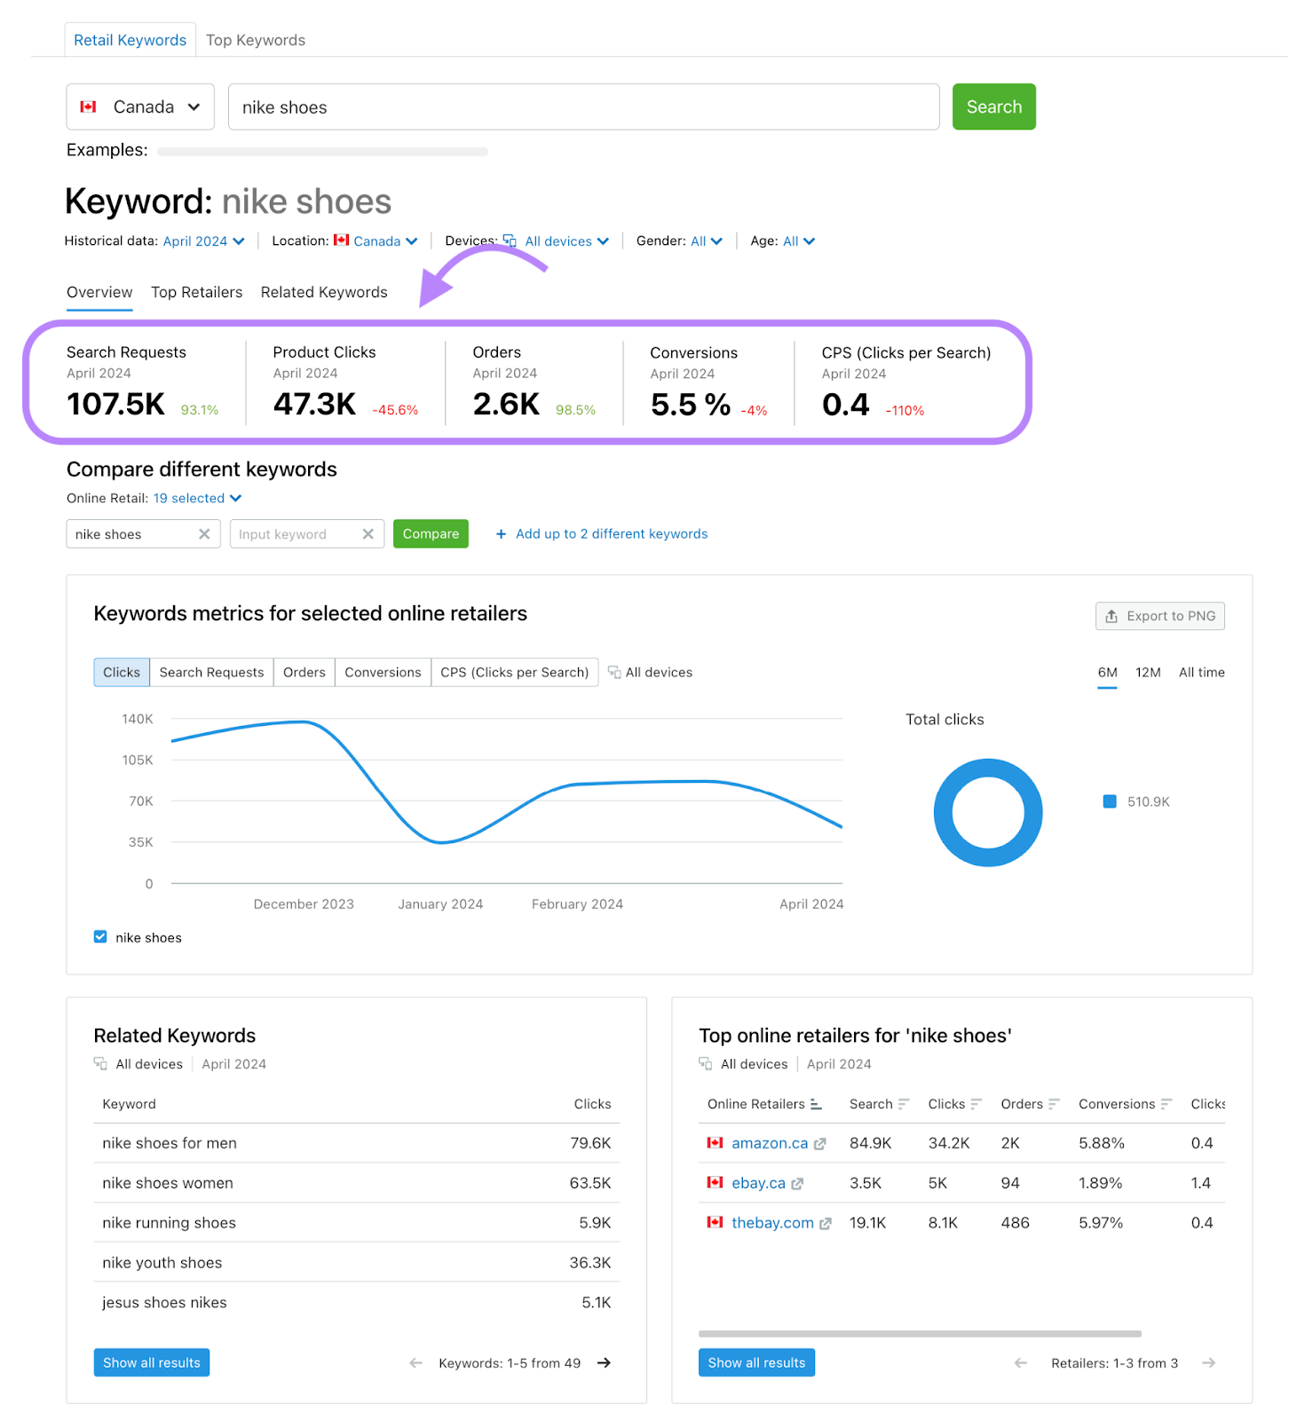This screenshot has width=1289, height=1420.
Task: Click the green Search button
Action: coord(993,106)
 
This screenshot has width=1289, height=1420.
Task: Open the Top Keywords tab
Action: coord(256,40)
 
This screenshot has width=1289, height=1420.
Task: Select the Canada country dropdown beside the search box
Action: coord(140,107)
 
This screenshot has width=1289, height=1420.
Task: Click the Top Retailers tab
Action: coord(196,292)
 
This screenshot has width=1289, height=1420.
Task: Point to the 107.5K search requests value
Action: coord(116,405)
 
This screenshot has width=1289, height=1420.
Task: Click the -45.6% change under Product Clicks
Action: coord(395,410)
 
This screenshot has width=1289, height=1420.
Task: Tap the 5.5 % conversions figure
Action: coord(690,405)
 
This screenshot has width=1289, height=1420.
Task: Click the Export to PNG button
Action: coord(1159,616)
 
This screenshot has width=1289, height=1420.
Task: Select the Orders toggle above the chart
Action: coord(304,673)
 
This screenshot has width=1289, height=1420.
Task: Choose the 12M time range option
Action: coord(1148,673)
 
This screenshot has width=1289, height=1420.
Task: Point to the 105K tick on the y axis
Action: coord(138,760)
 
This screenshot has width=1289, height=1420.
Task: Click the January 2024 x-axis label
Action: coord(440,904)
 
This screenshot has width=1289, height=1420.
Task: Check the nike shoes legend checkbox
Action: coord(100,937)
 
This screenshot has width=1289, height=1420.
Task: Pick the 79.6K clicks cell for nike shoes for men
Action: coord(590,1143)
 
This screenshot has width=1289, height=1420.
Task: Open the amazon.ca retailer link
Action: coord(770,1143)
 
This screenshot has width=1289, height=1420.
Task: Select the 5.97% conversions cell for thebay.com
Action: coord(1101,1223)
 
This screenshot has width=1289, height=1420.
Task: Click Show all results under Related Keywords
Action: coord(152,1363)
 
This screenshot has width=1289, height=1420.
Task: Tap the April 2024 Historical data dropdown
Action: coord(203,241)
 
